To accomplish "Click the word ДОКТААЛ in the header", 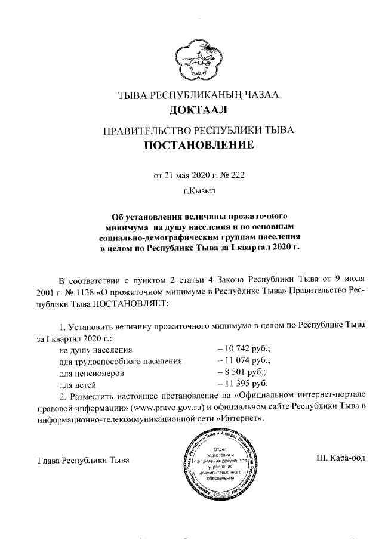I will (198, 110).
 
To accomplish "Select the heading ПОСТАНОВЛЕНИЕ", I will (198, 145).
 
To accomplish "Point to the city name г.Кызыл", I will (198, 192).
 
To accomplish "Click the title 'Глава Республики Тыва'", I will (83, 461).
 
